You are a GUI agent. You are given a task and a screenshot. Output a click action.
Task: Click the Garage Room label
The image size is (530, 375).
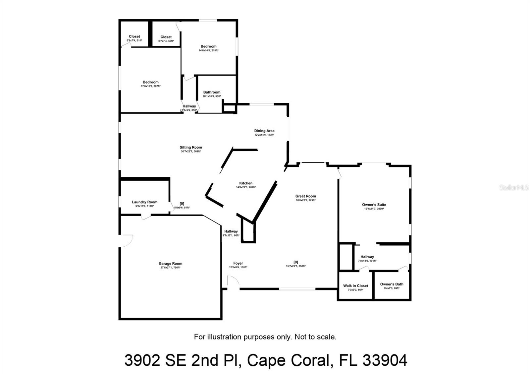point(170,264)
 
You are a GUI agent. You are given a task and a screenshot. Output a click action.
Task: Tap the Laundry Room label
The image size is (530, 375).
point(144,202)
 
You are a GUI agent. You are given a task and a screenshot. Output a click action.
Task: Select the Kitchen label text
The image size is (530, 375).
point(246,183)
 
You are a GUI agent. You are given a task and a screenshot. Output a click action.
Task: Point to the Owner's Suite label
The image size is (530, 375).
point(374,205)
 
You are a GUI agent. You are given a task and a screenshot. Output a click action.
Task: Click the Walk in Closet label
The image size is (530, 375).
point(355,286)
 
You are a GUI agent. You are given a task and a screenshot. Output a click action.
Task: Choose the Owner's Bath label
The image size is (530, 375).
point(392,284)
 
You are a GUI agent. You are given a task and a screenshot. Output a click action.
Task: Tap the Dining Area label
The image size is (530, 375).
point(264,131)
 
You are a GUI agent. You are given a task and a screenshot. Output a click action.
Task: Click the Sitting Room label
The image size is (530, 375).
point(191,148)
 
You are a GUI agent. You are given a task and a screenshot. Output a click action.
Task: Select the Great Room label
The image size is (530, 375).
point(306,196)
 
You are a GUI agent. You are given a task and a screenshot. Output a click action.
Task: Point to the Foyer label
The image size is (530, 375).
point(238,264)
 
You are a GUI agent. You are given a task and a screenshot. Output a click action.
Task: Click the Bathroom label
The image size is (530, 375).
point(212,93)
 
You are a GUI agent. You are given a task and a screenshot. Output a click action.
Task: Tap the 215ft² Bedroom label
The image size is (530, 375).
point(208,46)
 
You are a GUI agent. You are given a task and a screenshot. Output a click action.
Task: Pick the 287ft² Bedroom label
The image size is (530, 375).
point(151,82)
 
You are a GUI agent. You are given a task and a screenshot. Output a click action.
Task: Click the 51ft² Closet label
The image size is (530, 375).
point(134,36)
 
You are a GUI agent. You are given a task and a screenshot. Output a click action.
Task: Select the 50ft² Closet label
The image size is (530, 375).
point(166,37)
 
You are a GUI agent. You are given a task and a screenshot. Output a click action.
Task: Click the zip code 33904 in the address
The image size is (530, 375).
point(385,360)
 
